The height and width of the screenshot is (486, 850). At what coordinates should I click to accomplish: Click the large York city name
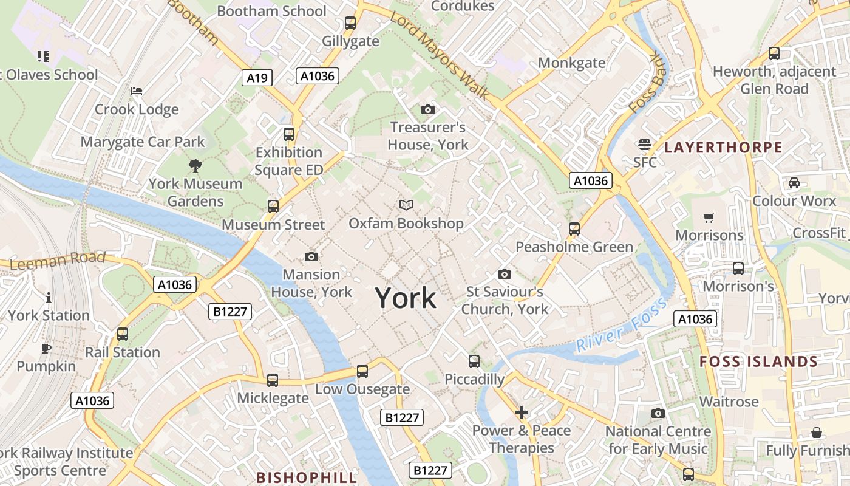(406, 298)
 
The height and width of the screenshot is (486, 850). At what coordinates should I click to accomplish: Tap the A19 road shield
(257, 77)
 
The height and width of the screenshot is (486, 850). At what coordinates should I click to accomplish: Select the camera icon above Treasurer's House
(428, 109)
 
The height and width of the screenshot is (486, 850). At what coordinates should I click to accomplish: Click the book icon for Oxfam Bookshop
(406, 205)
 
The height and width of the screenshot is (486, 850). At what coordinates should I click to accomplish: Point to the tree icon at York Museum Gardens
(195, 165)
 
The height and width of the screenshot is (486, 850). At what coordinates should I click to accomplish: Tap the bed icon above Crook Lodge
(137, 91)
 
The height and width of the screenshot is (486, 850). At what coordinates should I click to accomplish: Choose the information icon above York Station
(49, 298)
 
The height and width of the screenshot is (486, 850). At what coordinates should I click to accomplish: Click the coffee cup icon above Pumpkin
(46, 348)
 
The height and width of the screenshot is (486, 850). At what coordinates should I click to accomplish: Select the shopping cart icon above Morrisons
(709, 217)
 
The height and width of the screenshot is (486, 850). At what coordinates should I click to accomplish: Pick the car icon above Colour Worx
(794, 182)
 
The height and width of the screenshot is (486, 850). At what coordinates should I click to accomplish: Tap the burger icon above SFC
(644, 145)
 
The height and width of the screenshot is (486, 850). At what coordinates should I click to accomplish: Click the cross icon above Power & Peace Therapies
(521, 413)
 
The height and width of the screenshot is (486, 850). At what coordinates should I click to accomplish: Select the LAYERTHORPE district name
(723, 147)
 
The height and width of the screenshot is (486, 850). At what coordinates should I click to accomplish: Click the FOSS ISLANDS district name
(758, 361)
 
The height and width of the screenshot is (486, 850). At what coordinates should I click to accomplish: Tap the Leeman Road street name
(58, 261)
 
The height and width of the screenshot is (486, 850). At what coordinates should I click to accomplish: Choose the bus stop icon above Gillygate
(350, 23)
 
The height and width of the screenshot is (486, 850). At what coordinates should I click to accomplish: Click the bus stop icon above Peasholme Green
(574, 229)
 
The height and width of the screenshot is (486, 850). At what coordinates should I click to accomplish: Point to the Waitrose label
(729, 402)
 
